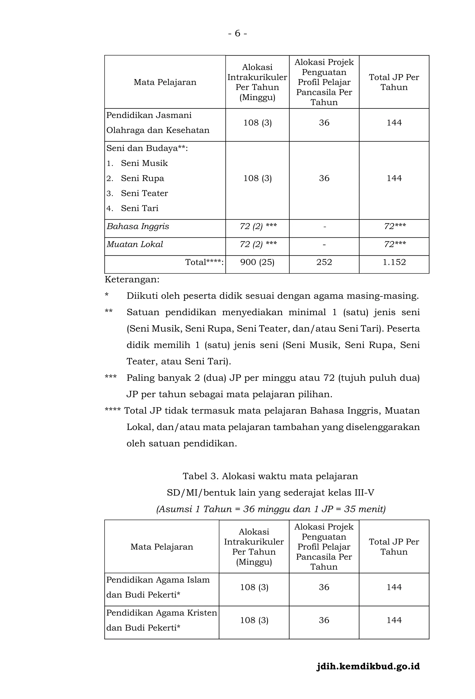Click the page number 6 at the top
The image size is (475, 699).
click(237, 33)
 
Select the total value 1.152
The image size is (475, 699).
click(394, 262)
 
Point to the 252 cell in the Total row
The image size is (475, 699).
click(324, 262)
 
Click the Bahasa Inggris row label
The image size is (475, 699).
click(138, 226)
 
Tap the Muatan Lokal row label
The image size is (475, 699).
click(135, 244)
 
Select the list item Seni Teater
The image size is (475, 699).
click(144, 193)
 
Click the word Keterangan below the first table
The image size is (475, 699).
click(132, 279)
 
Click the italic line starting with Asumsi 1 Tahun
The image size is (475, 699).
click(271, 509)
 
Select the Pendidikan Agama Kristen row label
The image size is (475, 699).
click(161, 613)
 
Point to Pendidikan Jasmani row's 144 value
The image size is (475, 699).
click(394, 123)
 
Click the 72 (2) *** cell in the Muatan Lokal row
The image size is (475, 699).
click(258, 244)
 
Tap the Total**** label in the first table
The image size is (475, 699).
click(204, 262)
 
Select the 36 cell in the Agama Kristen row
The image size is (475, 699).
click(324, 620)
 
